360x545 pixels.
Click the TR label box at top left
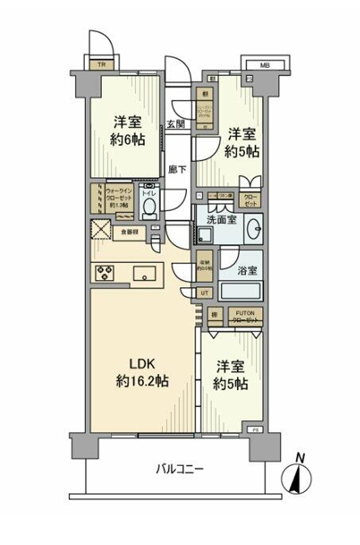pos(101,65)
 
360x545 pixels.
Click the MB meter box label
pos(266,65)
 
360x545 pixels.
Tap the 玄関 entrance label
pos(175,124)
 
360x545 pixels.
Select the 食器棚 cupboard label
pos(130,231)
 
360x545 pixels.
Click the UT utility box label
pos(204,293)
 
